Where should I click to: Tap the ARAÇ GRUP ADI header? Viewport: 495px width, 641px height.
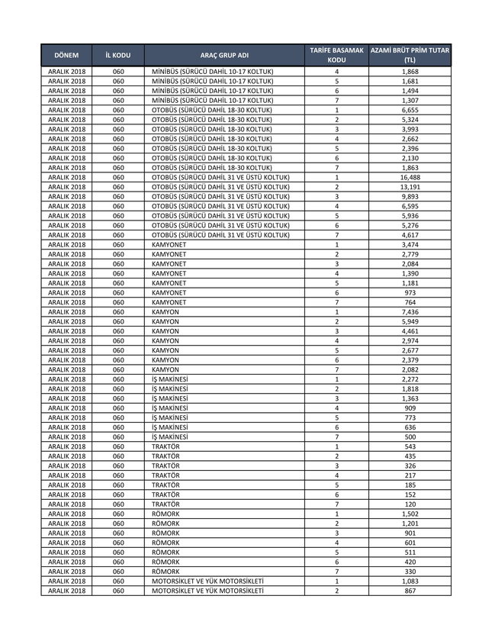[224, 56]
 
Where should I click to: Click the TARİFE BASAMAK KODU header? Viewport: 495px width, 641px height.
[336, 54]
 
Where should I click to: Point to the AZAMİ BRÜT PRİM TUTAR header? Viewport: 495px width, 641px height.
[410, 54]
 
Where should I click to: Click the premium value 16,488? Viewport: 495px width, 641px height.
[410, 178]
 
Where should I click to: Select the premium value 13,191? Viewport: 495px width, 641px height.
[410, 187]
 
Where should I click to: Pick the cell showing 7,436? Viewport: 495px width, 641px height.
[410, 312]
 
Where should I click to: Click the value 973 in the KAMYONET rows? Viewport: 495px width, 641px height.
[410, 293]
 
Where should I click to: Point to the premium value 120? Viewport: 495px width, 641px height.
[410, 504]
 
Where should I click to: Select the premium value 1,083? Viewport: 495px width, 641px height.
[410, 581]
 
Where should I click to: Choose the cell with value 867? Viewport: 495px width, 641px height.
[410, 591]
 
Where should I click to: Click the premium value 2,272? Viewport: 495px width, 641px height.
[410, 379]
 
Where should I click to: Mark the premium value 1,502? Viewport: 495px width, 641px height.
[410, 514]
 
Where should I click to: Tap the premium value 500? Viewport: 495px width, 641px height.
[410, 437]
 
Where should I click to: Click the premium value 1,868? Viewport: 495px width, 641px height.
[410, 72]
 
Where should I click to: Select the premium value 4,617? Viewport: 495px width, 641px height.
[410, 235]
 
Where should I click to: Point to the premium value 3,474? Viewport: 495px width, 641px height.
[410, 245]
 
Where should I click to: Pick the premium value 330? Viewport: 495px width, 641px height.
[410, 572]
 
